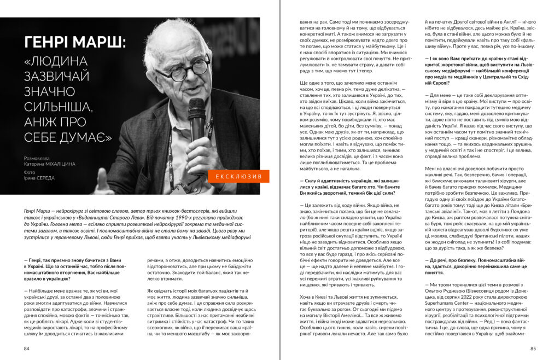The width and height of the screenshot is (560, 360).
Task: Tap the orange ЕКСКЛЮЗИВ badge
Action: click(x=238, y=177)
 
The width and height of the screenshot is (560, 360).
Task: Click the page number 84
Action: click(x=27, y=348)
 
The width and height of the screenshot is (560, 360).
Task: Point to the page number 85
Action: click(x=533, y=348)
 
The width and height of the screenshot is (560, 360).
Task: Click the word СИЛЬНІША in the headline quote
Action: click(x=61, y=104)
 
